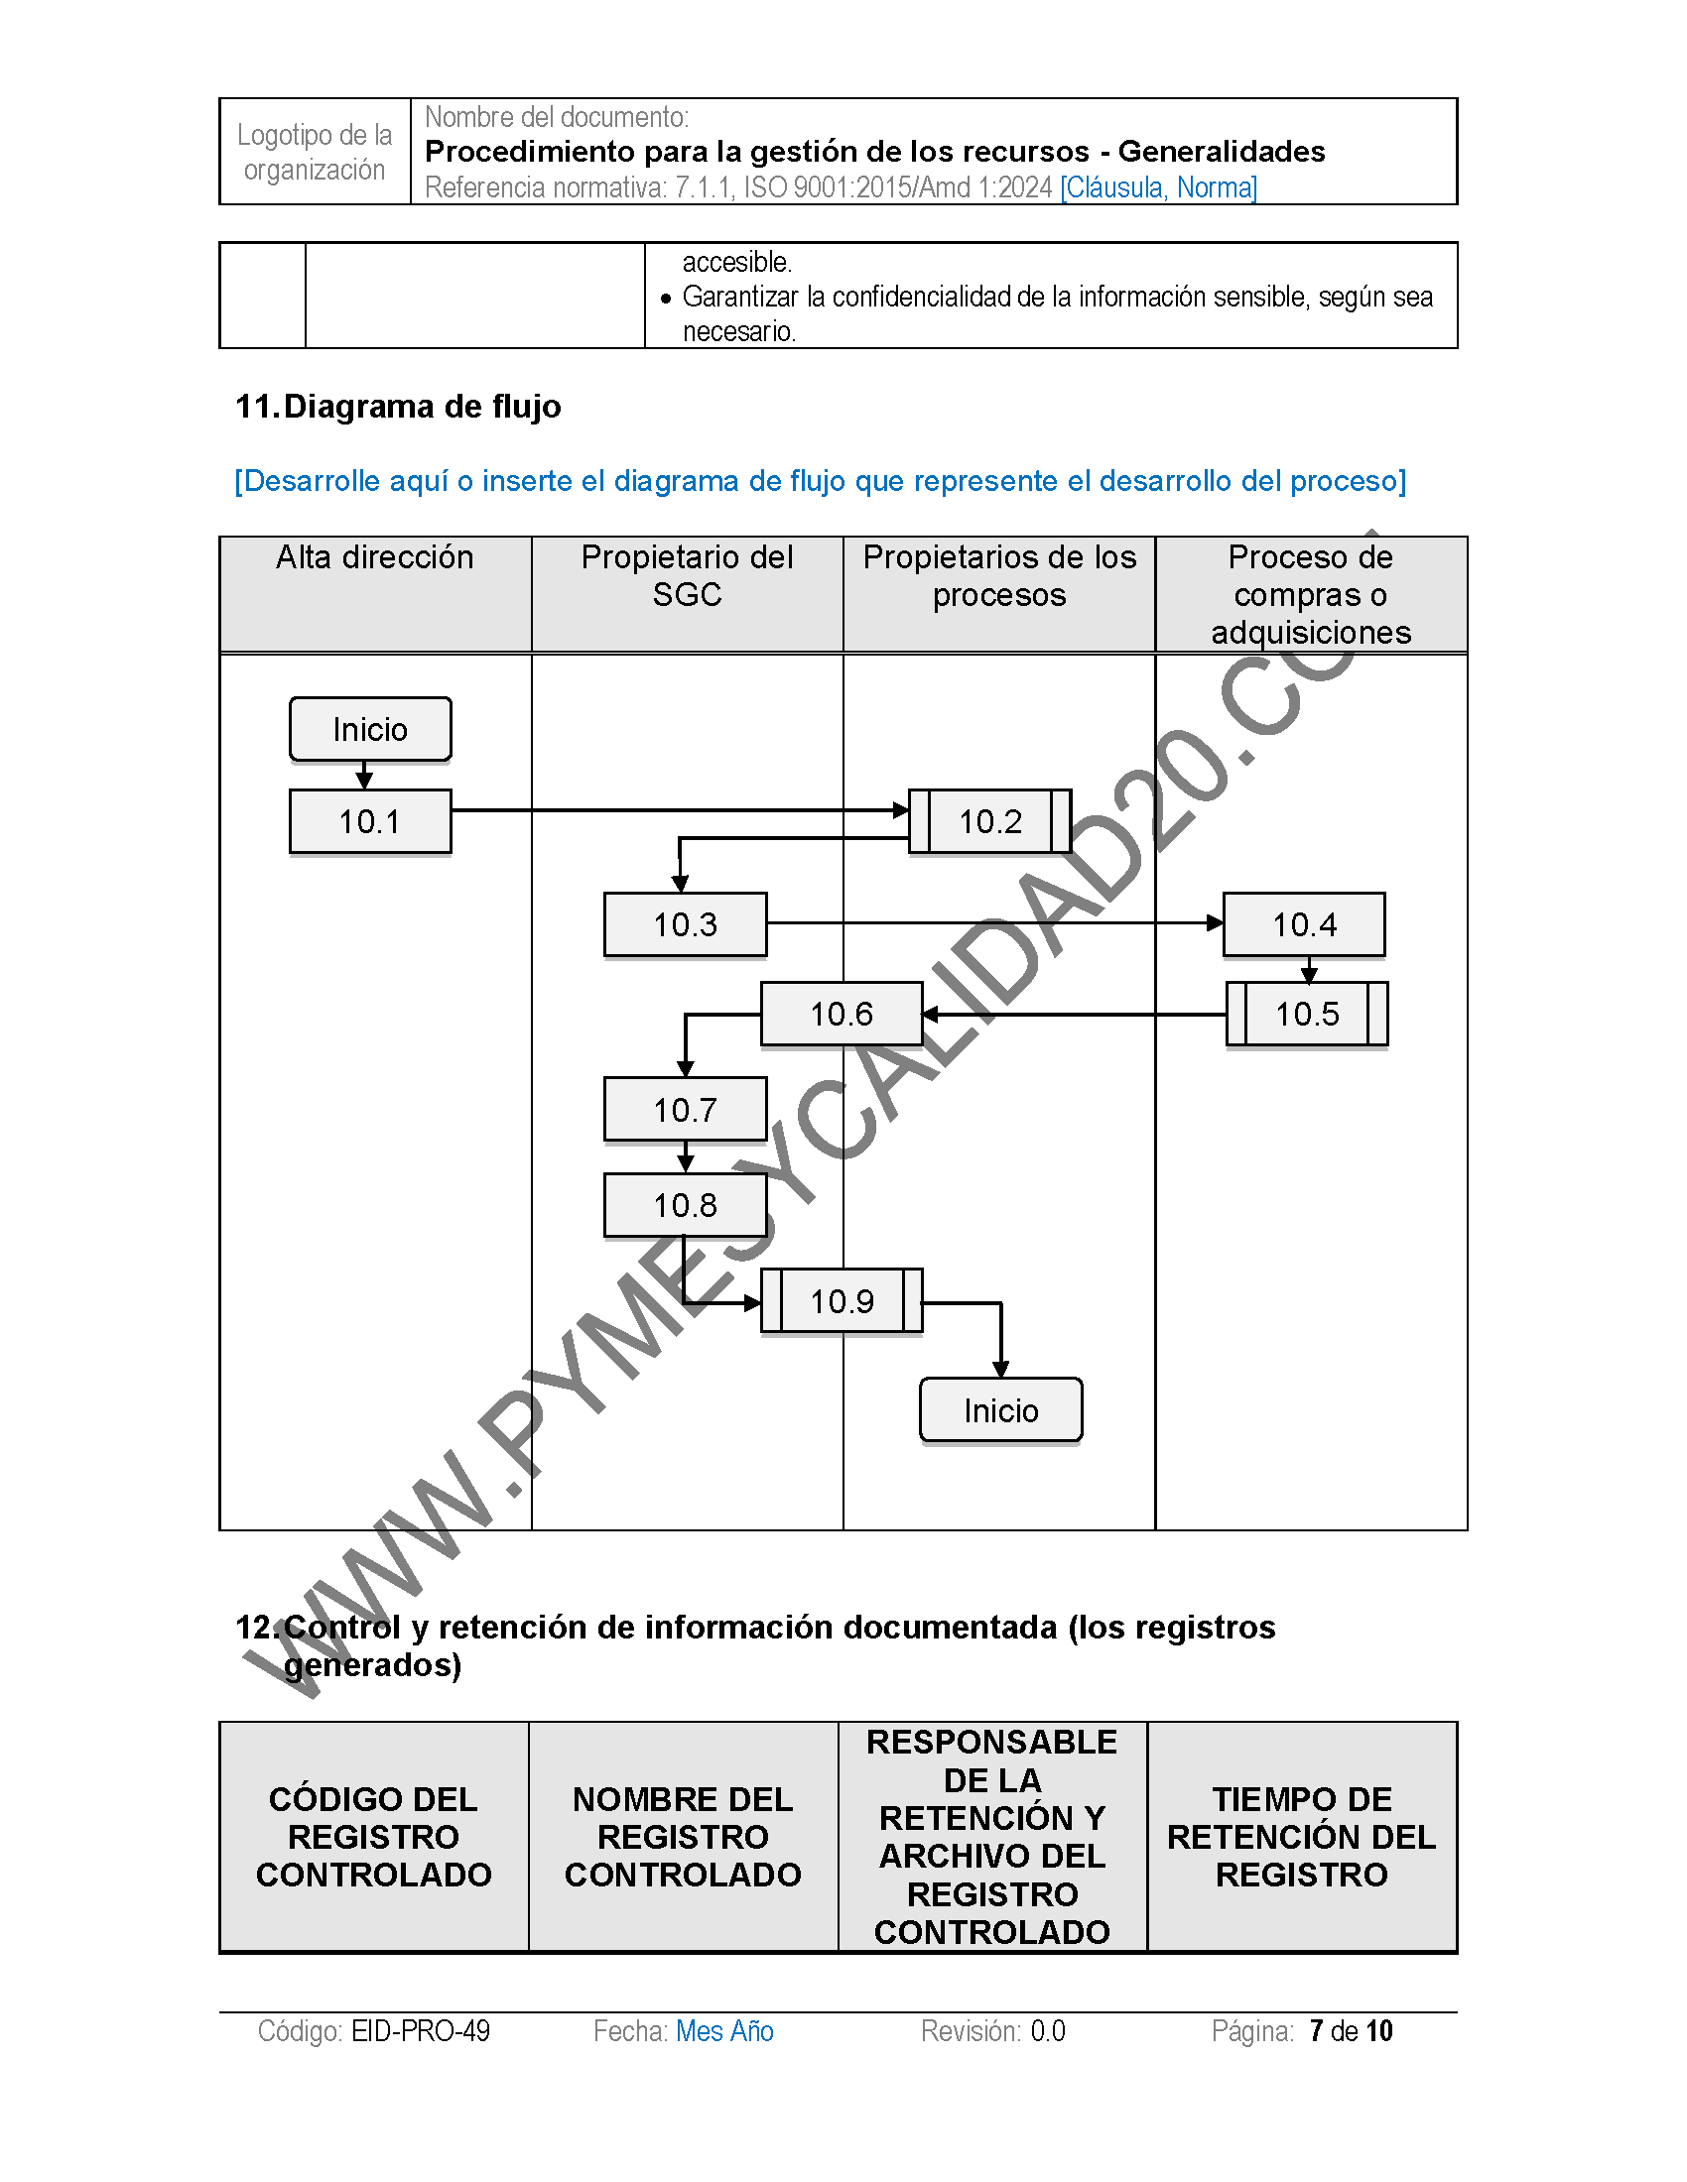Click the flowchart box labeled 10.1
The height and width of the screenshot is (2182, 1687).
coord(370,821)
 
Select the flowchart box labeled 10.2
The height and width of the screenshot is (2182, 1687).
coord(989,821)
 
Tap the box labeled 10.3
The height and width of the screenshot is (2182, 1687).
coord(685,924)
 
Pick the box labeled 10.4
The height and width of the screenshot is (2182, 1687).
coord(1303,924)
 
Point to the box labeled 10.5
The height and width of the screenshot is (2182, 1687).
coord(1306,1014)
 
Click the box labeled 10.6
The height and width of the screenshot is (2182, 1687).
coord(842,1014)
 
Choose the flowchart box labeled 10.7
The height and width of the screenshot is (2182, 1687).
coord(685,1109)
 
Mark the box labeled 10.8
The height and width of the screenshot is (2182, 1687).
coord(685,1205)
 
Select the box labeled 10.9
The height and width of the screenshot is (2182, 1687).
coord(842,1301)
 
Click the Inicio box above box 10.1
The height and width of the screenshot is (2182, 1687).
coord(370,729)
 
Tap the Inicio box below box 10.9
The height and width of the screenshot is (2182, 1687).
coord(1000,1409)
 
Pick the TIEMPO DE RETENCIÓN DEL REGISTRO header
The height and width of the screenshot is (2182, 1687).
coord(1301,1836)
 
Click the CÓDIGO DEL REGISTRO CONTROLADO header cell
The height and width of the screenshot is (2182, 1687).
coord(374,1836)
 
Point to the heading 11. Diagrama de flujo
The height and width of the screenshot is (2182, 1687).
coord(398,407)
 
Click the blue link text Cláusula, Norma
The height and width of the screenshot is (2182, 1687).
coord(1158,186)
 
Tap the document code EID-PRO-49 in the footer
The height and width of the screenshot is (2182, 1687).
coord(421,2031)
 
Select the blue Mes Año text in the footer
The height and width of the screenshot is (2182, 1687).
coord(724,2031)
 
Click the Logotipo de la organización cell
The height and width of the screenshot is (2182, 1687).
coord(315,152)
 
